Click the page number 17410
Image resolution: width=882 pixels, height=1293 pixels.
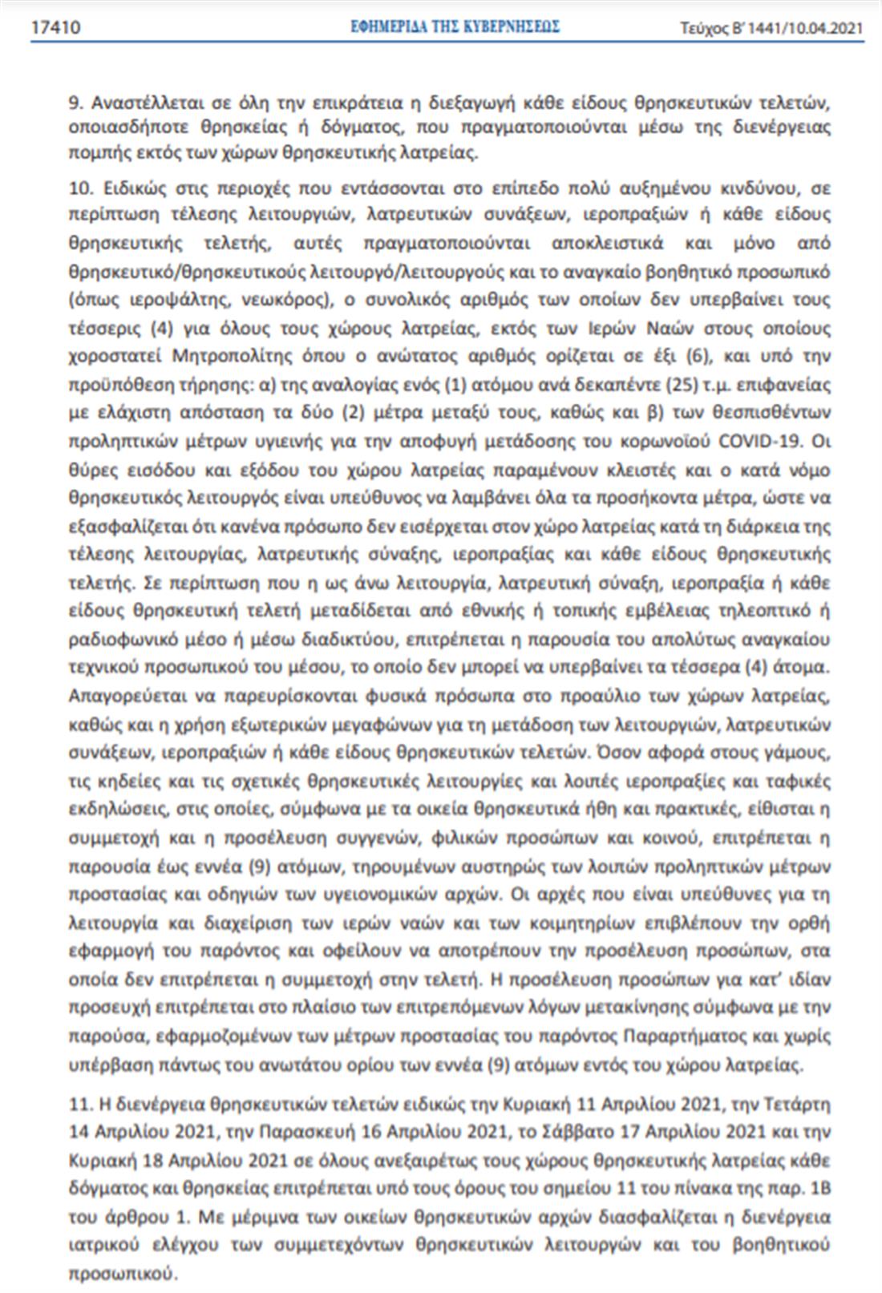click(55, 28)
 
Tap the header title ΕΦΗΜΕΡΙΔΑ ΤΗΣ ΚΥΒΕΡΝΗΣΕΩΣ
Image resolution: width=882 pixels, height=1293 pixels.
click(455, 27)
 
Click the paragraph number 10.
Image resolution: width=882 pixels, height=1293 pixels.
click(82, 188)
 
